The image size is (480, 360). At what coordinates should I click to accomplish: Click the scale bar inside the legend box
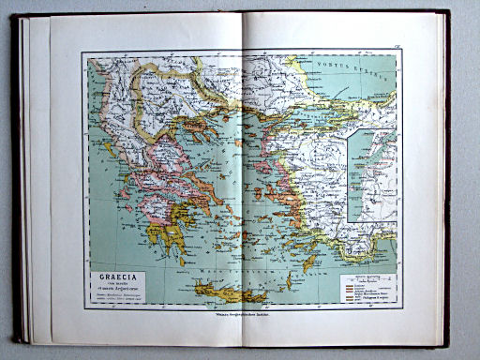click(365, 280)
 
